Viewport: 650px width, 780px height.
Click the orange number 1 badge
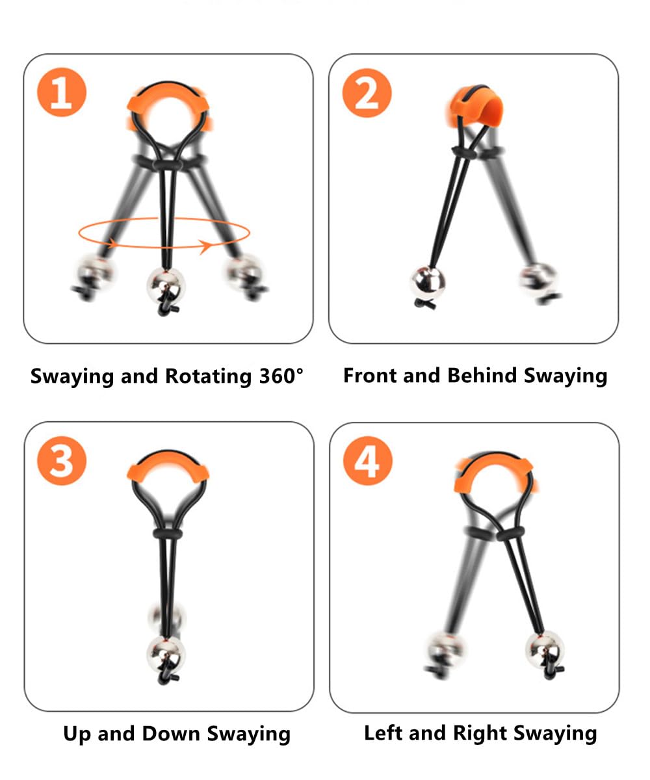(x=62, y=92)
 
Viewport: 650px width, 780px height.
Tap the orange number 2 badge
(x=367, y=93)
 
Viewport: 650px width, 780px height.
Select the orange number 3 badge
(x=62, y=461)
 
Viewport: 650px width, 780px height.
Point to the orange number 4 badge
(x=368, y=461)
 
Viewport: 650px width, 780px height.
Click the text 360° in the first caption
(x=281, y=376)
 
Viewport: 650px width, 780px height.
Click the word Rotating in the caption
(x=209, y=376)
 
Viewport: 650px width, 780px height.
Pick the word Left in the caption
(x=383, y=733)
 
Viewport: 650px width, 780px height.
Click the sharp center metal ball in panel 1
(x=166, y=286)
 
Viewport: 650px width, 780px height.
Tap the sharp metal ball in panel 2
(x=428, y=282)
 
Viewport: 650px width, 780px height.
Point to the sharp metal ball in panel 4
(x=545, y=649)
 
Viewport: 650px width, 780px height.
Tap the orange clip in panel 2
(x=474, y=106)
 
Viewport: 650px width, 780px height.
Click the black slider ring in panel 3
(x=167, y=533)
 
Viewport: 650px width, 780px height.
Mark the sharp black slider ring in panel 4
(x=510, y=534)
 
